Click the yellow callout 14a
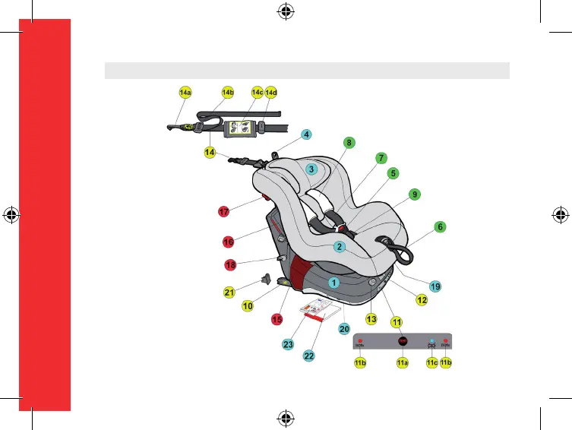point(185,93)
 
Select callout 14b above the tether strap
point(227,93)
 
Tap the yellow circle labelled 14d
point(271,93)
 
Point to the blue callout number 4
point(306,134)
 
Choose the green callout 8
point(348,142)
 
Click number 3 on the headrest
point(311,169)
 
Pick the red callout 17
point(223,211)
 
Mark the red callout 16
point(228,242)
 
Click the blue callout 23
point(288,344)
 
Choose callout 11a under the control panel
point(403,364)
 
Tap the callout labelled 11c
point(431,364)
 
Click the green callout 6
point(439,226)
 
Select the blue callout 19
point(435,286)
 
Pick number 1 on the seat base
point(333,281)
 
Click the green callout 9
point(414,194)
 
